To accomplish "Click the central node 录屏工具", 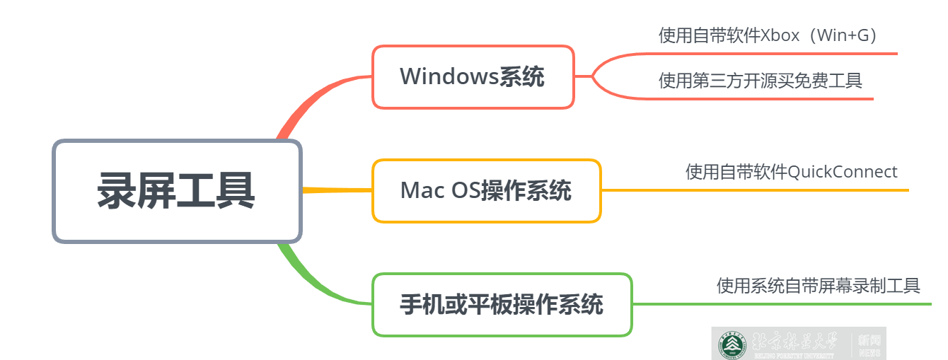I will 177,191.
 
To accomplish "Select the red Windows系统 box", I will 473,76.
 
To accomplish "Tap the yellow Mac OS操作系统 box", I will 486,190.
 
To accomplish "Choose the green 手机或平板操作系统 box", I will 502,304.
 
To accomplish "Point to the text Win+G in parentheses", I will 846,35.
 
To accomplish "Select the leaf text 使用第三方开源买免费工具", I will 760,81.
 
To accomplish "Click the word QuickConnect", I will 842,172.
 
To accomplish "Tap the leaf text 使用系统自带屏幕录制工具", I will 818,286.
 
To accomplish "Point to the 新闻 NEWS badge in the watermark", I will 869,344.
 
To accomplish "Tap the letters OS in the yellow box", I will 466,190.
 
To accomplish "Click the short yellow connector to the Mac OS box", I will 337,190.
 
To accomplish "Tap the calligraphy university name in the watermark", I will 792,343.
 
